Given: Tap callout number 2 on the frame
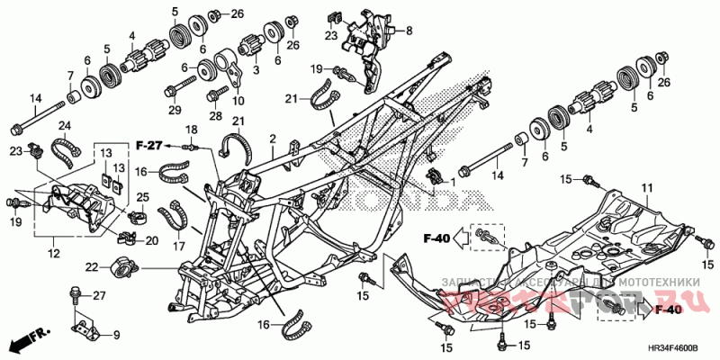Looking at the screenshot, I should pyautogui.click(x=272, y=139).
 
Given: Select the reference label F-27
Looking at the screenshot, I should pyautogui.click(x=149, y=145).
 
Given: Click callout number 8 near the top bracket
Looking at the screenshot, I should pyautogui.click(x=408, y=31).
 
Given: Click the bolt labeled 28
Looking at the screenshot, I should pyautogui.click(x=216, y=94).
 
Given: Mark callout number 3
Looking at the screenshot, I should pyautogui.click(x=256, y=68).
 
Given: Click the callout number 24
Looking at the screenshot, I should pyautogui.click(x=64, y=125).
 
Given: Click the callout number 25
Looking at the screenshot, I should pyautogui.click(x=141, y=196).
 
